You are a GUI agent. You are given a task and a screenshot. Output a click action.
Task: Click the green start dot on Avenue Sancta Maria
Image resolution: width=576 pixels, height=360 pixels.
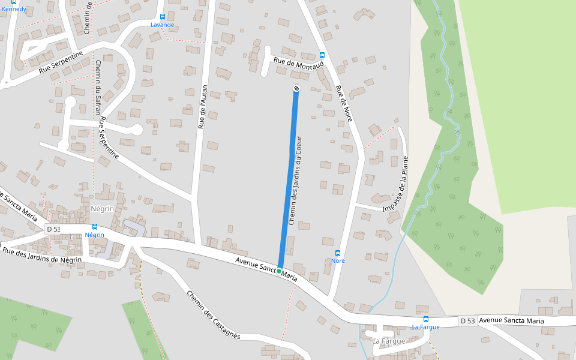click(x=279, y=271)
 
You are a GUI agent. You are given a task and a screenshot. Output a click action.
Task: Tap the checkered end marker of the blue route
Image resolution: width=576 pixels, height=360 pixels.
click(x=296, y=89)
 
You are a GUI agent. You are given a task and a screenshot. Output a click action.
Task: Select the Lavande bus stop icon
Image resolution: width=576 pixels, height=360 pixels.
click(x=163, y=17)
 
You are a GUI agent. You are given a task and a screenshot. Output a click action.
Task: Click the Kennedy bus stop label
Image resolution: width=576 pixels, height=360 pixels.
click(x=14, y=9)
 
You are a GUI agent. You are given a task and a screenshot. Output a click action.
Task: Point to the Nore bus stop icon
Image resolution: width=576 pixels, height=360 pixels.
click(x=338, y=253)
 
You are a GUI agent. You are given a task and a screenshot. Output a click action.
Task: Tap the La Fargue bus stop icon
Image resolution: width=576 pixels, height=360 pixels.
click(x=426, y=319)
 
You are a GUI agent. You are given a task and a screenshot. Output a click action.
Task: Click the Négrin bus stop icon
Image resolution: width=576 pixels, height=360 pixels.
click(x=95, y=227)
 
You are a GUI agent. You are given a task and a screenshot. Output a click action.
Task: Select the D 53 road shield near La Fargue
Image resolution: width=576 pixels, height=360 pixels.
click(x=468, y=321)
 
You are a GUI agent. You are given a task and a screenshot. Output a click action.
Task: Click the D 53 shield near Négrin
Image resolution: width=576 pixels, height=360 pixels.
click(x=53, y=229)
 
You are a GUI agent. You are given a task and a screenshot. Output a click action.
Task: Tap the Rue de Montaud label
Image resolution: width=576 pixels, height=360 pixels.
click(x=298, y=62)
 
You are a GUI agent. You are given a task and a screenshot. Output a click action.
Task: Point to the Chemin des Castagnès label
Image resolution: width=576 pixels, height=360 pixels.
click(x=213, y=316)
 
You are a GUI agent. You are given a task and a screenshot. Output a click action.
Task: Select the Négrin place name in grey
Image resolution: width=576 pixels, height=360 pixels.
click(x=102, y=209)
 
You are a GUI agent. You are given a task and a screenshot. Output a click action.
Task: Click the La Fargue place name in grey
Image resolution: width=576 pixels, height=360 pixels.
click(x=389, y=341)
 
